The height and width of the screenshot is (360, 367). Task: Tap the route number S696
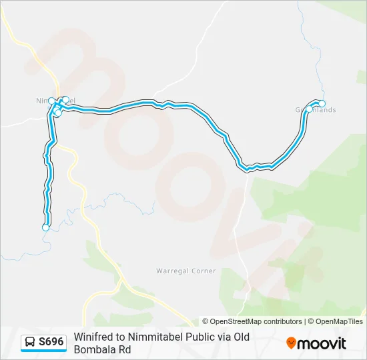click(x=51, y=342)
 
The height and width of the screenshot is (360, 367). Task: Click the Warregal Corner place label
click(x=186, y=271)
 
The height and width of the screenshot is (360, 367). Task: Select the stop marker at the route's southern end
click(x=45, y=227)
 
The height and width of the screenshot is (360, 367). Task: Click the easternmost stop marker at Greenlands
click(x=322, y=103)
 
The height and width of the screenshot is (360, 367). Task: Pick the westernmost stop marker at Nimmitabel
click(x=51, y=101)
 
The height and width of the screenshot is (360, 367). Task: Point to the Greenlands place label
click(x=316, y=110)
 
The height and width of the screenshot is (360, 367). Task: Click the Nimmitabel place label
click(x=47, y=101)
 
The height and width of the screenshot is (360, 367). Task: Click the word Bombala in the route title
click(x=94, y=349)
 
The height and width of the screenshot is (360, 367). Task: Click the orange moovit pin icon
click(x=291, y=343)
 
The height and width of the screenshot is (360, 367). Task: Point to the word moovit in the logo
click(x=322, y=343)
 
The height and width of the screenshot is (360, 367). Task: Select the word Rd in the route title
click(x=125, y=349)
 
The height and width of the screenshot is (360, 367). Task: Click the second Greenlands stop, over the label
click(x=309, y=108)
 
